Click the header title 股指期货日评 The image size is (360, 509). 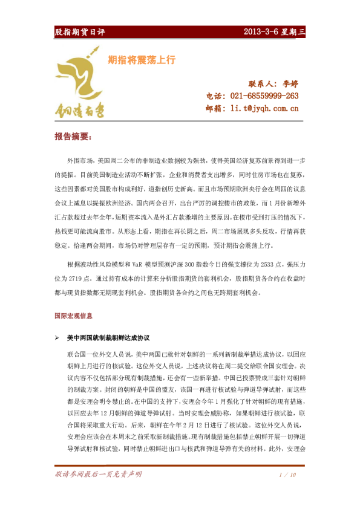coord(80,32)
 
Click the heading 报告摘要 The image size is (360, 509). coord(74,137)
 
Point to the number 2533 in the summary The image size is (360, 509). coord(249,264)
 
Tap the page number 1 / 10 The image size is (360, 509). coord(287,475)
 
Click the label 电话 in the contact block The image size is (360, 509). coord(215,96)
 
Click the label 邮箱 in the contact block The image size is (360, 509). coord(215,109)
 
